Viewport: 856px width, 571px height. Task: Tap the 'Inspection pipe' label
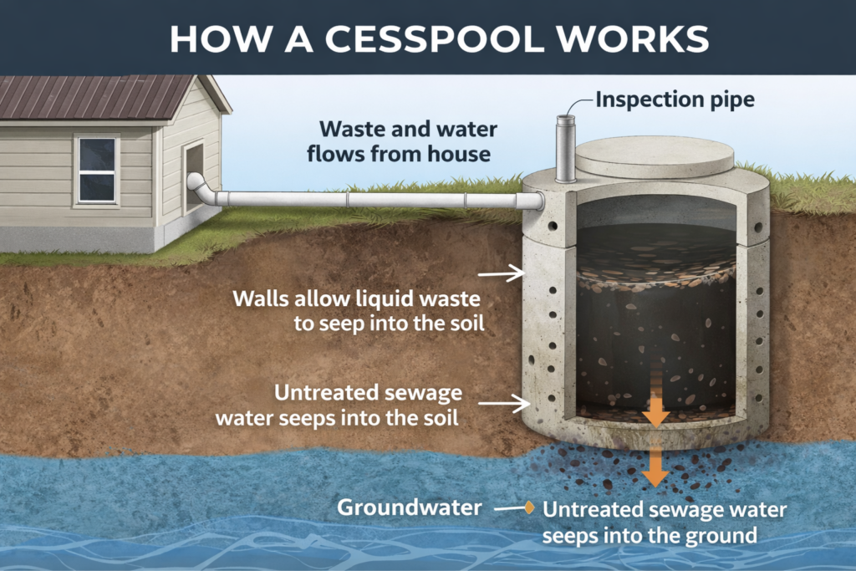(x=675, y=100)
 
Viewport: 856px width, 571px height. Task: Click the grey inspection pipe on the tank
(x=566, y=150)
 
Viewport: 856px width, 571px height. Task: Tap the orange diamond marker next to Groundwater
(x=528, y=507)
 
